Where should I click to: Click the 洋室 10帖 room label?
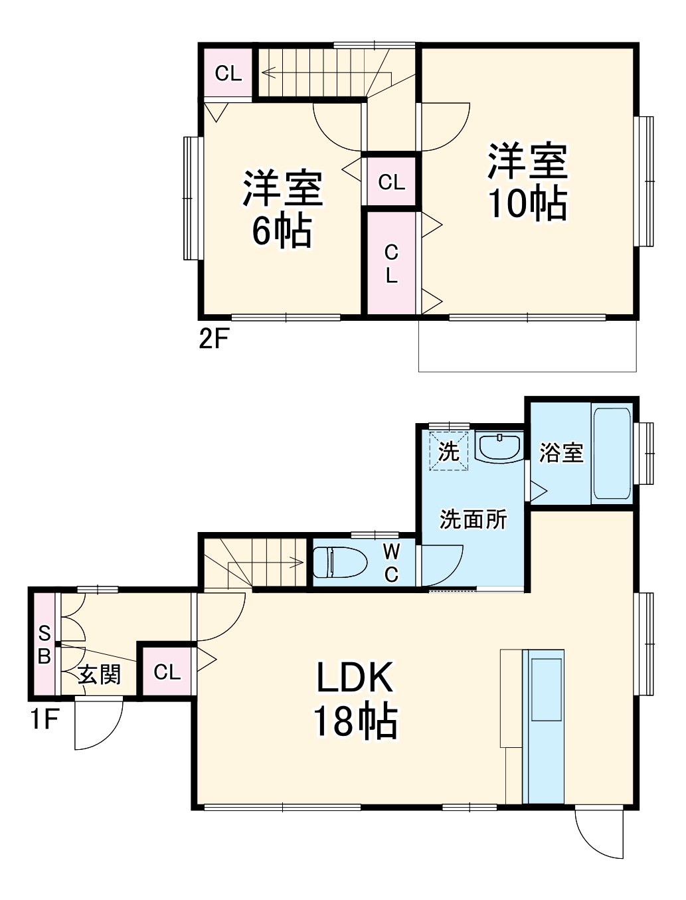[x=527, y=181]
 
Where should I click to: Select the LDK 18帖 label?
[x=355, y=699]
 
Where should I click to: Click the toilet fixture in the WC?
[x=339, y=562]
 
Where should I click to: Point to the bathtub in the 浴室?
[x=612, y=453]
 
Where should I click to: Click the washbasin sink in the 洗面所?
[x=499, y=447]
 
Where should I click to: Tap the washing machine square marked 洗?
[x=449, y=452]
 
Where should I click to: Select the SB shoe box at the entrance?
[x=44, y=644]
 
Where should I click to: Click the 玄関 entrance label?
[x=100, y=675]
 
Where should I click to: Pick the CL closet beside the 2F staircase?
[x=228, y=73]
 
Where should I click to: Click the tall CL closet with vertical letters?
[x=391, y=263]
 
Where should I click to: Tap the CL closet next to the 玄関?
[x=167, y=672]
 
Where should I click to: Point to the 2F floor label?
[x=214, y=339]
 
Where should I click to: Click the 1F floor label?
[x=45, y=719]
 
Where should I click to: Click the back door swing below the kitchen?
[x=600, y=833]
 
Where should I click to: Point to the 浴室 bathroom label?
[x=561, y=453]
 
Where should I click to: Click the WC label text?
[x=392, y=562]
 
